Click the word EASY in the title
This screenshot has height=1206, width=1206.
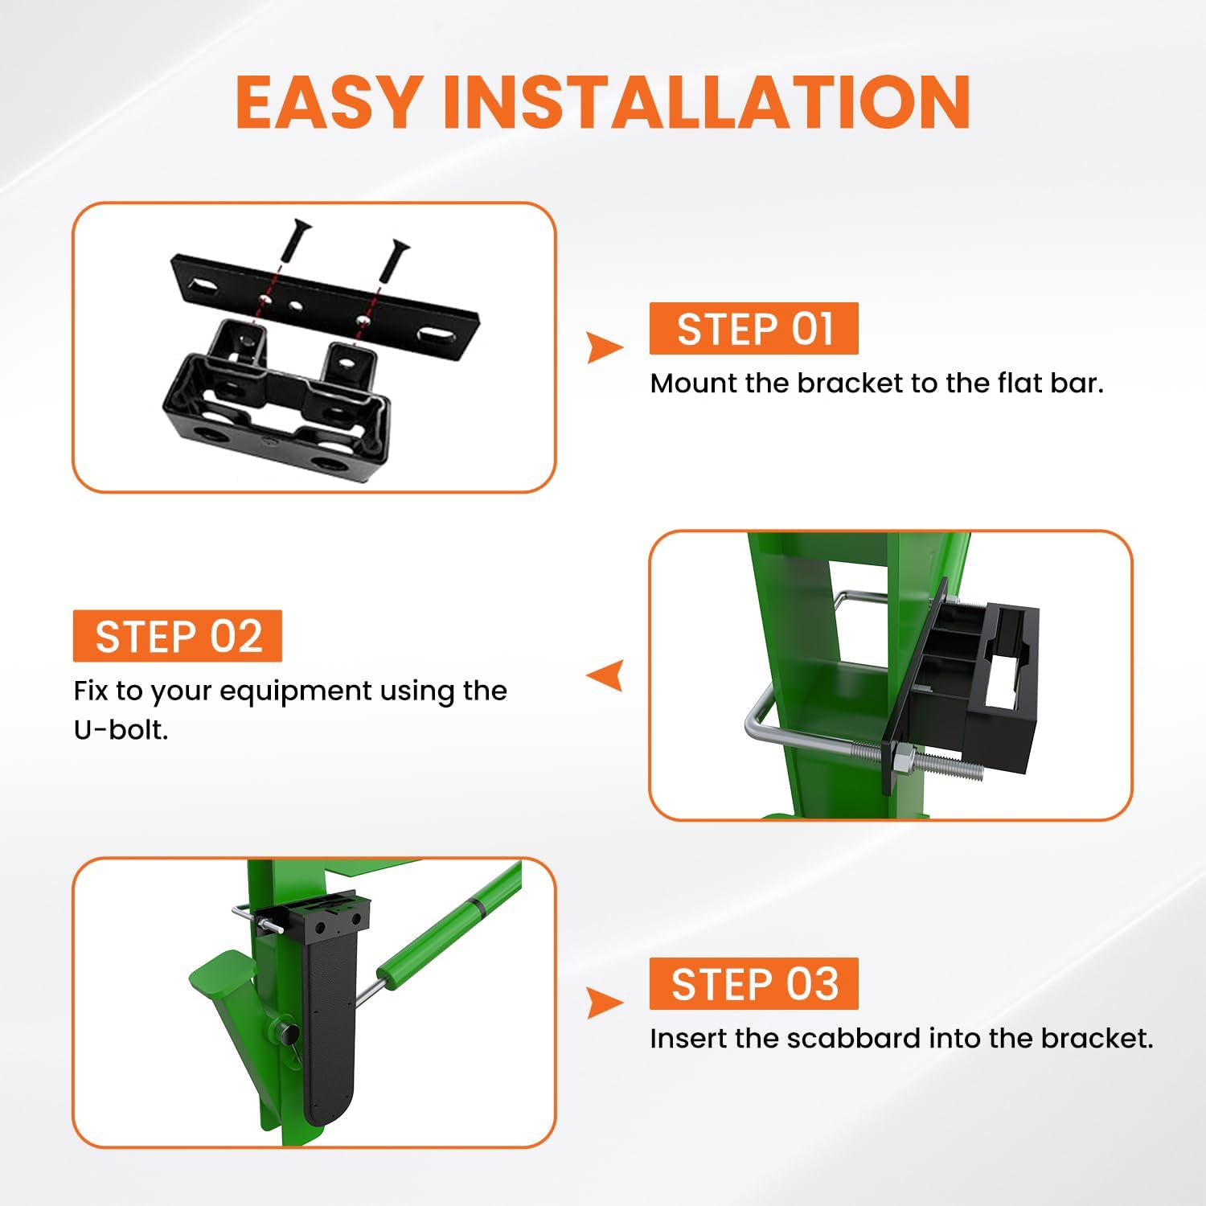click(x=328, y=102)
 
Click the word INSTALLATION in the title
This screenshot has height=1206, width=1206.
click(x=707, y=102)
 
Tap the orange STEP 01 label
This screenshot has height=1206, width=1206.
click(x=753, y=328)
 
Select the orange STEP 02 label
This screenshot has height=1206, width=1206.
click(x=178, y=636)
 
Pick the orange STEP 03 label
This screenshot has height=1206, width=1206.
click(x=753, y=983)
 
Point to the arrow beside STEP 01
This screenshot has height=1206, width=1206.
click(x=604, y=347)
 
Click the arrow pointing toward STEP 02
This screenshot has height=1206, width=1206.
click(x=605, y=675)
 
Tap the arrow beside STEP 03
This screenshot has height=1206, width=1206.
click(x=604, y=1003)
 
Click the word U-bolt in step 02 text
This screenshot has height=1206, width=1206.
click(x=121, y=730)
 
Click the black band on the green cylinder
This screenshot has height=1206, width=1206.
click(x=478, y=906)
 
